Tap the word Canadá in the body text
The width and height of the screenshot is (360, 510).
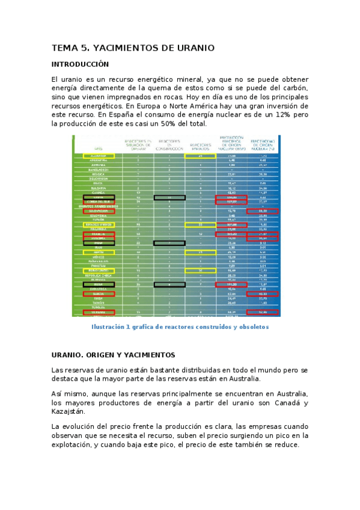[283, 403]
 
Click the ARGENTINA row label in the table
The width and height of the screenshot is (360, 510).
[99, 161]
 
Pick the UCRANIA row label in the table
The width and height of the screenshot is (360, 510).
[99, 312]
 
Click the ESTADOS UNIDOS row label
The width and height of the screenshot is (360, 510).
[99, 225]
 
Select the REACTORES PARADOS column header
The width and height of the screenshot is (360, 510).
[200, 144]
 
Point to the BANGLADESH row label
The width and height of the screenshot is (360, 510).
[99, 170]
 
